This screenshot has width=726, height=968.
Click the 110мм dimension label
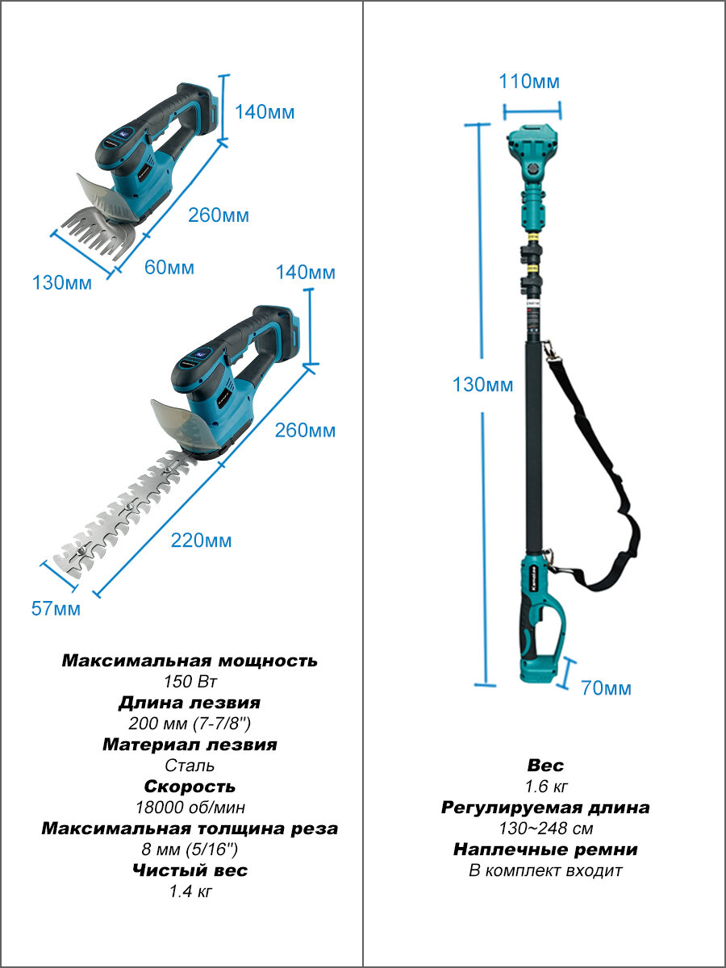(529, 81)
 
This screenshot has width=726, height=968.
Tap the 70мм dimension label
(606, 688)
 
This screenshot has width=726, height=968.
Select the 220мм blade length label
(201, 540)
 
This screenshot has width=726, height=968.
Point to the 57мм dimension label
(56, 608)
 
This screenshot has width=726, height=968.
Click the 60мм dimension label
(169, 268)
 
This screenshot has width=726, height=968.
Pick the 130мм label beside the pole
(482, 385)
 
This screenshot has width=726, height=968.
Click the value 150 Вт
(190, 682)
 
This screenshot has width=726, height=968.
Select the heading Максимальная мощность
(190, 661)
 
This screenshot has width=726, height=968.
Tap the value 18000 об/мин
(190, 807)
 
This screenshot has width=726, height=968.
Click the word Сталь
(190, 766)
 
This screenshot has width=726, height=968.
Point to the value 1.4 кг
(190, 891)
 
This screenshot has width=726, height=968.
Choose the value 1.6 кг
(546, 786)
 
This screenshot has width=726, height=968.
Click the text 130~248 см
(546, 828)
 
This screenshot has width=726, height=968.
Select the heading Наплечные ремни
(546, 849)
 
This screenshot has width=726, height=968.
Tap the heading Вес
(546, 766)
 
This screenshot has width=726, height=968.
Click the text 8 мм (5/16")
(190, 849)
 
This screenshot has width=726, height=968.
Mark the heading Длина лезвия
(190, 703)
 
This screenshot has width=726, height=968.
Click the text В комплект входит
(546, 870)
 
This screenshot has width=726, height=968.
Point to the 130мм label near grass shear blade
(62, 282)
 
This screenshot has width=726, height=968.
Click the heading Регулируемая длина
(546, 808)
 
